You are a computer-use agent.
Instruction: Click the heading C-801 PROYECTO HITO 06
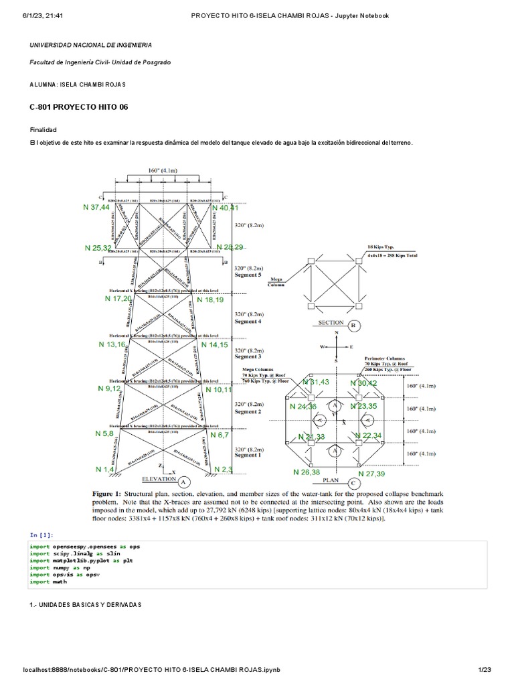click(78, 107)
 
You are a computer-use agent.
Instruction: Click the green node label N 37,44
click(96, 208)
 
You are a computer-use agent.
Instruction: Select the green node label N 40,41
click(224, 208)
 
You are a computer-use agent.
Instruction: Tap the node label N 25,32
click(98, 248)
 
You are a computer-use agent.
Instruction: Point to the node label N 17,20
click(118, 298)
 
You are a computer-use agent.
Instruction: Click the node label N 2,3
click(223, 469)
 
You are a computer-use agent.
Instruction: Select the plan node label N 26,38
click(307, 472)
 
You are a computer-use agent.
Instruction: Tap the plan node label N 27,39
click(371, 474)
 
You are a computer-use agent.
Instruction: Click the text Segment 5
click(248, 275)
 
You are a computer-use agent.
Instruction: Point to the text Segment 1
click(248, 456)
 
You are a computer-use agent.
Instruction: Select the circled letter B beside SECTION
click(354, 326)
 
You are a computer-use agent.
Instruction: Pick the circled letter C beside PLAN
click(353, 482)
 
